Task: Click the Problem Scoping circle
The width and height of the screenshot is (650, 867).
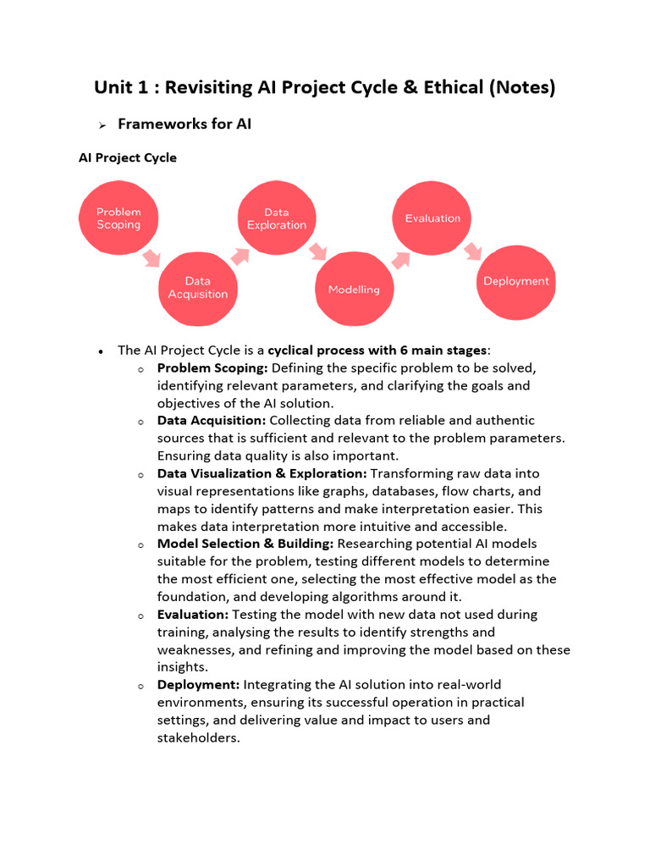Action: pos(118,218)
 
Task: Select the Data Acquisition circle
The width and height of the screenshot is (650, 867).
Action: pos(198,288)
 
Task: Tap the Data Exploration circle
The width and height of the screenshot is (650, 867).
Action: pos(276,218)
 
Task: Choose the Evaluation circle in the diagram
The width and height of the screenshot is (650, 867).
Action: pos(432,218)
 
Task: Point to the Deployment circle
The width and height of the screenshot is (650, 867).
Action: pos(515,282)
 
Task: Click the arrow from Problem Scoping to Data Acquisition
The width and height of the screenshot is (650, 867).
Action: pos(151,257)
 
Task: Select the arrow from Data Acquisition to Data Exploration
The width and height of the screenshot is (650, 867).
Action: pos(240,255)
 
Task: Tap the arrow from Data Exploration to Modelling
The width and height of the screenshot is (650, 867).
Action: pos(317,251)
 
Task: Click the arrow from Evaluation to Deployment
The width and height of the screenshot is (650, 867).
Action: pos(472,251)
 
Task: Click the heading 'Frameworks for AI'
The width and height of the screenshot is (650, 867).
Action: pos(185,124)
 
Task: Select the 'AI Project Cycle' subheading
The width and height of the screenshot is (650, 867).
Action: pos(128,157)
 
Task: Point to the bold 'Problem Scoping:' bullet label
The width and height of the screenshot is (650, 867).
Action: pos(212,367)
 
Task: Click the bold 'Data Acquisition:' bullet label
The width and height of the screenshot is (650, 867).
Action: pos(212,420)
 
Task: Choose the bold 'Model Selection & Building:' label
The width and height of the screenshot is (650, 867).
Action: pos(245,544)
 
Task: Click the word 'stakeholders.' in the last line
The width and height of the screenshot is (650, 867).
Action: pos(199,737)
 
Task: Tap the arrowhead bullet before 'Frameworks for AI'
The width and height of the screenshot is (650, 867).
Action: pos(102,125)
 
